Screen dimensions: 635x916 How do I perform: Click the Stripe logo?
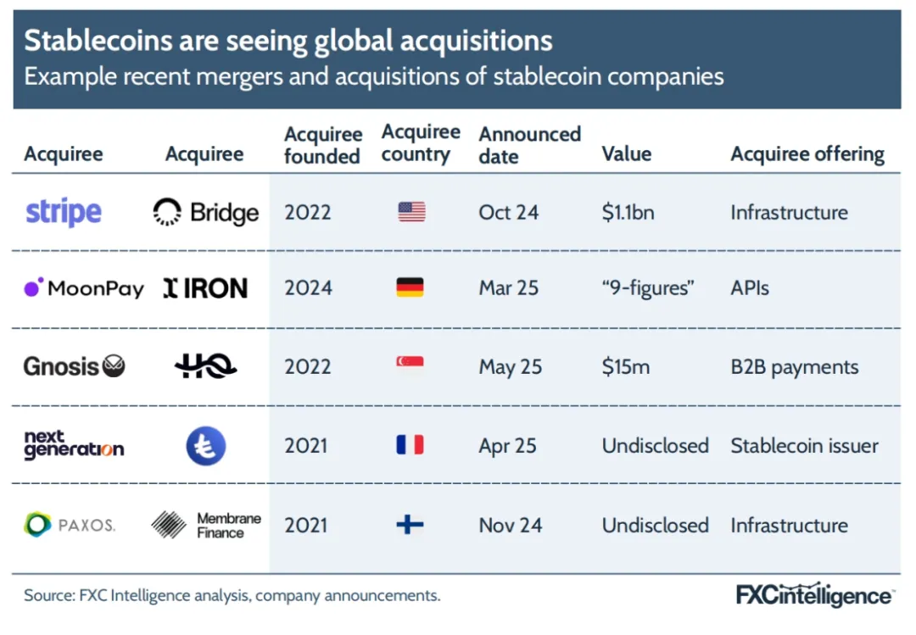pos(64,212)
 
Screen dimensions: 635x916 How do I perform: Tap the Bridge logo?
pos(206,212)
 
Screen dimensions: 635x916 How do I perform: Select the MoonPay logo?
pos(84,288)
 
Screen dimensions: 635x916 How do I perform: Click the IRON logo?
pos(205,288)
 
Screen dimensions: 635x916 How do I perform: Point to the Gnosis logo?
pos(75,367)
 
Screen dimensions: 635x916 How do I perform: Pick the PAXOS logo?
pos(70,525)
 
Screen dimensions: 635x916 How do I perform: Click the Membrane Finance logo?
pos(206,525)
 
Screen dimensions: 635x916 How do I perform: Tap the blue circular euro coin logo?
pos(206,446)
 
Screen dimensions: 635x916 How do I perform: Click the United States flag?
pos(411,212)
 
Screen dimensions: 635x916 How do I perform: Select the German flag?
pos(410,288)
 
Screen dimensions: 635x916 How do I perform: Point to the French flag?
pos(410,445)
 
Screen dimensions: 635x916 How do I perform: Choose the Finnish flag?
pos(411,525)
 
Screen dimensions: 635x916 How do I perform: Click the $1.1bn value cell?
pos(628,212)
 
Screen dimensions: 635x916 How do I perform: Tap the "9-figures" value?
pos(648,288)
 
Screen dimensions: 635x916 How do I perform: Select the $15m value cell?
pos(626,367)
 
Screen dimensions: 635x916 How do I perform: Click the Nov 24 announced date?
pos(510,525)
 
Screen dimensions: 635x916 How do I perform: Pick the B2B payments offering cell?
pos(794,367)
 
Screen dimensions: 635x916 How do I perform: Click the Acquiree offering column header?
pos(807,154)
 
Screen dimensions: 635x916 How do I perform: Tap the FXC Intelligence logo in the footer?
pos(813,595)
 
